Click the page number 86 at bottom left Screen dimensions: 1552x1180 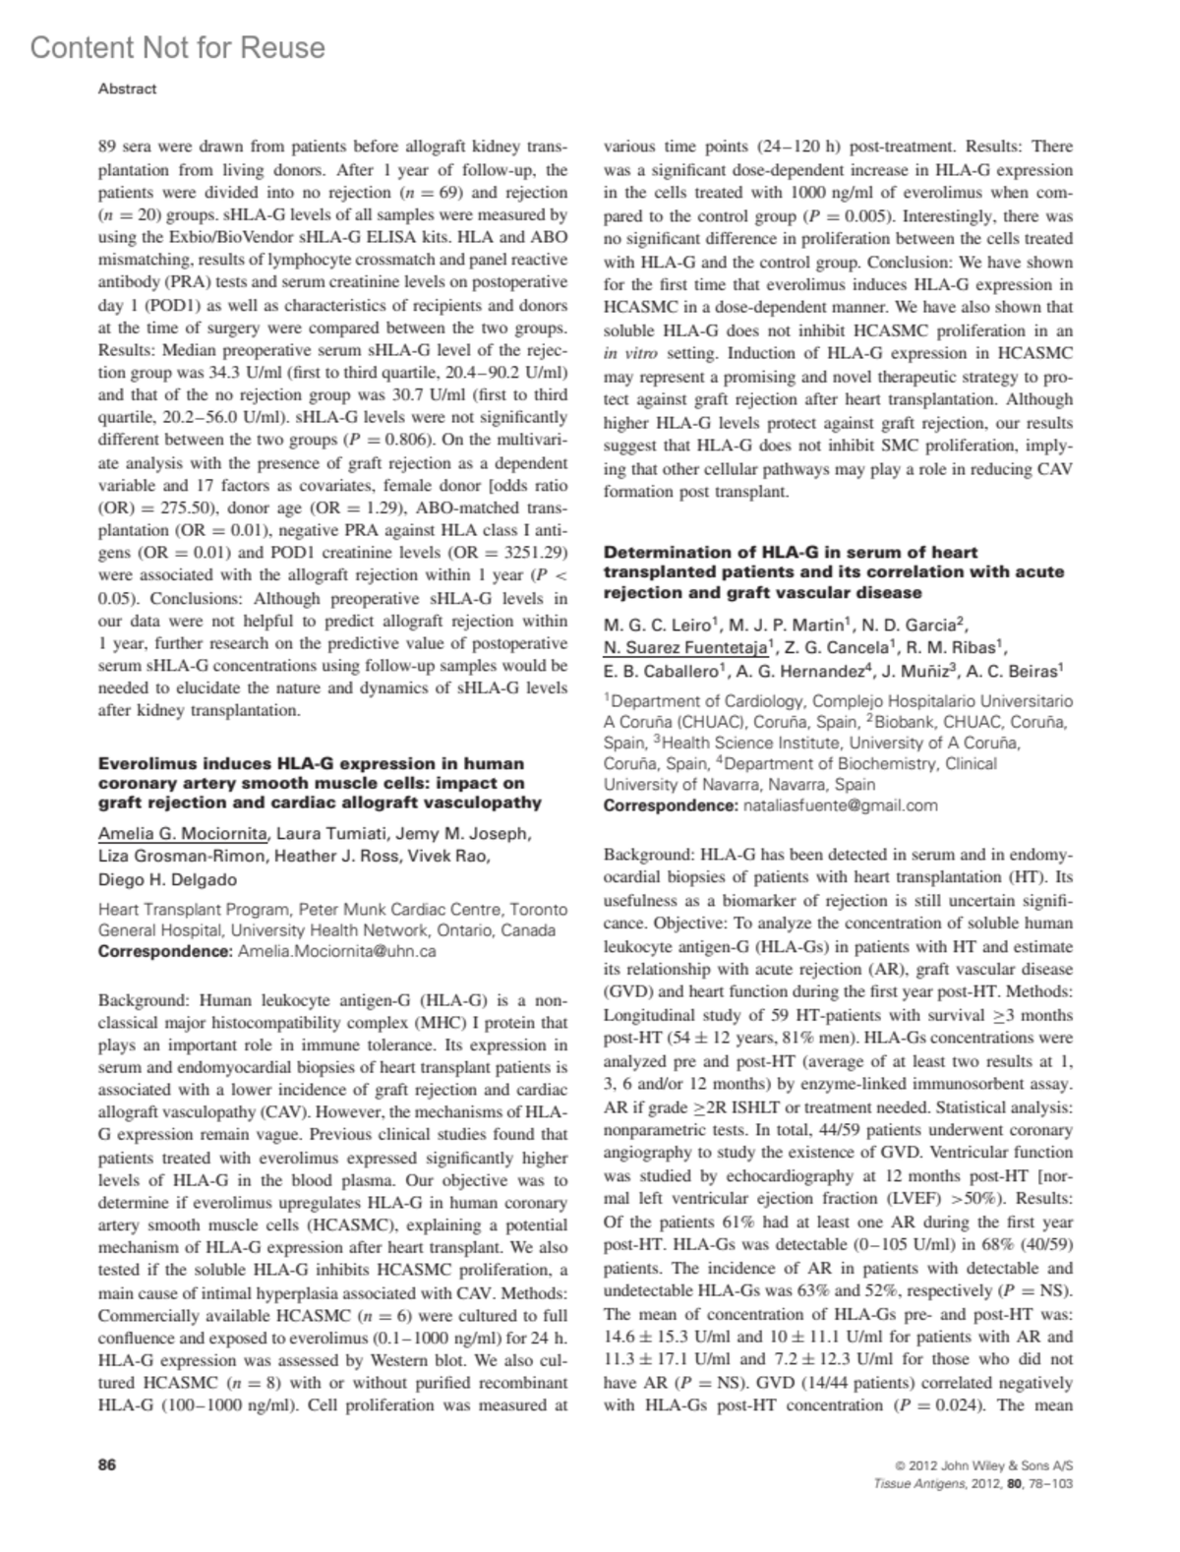[107, 1465]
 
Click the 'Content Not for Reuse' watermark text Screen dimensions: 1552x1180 [177, 47]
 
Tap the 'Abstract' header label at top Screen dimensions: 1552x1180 [127, 89]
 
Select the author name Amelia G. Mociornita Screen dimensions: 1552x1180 [183, 835]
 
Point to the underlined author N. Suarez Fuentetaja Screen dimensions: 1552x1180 [685, 647]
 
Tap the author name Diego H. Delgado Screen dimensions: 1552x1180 [167, 879]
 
